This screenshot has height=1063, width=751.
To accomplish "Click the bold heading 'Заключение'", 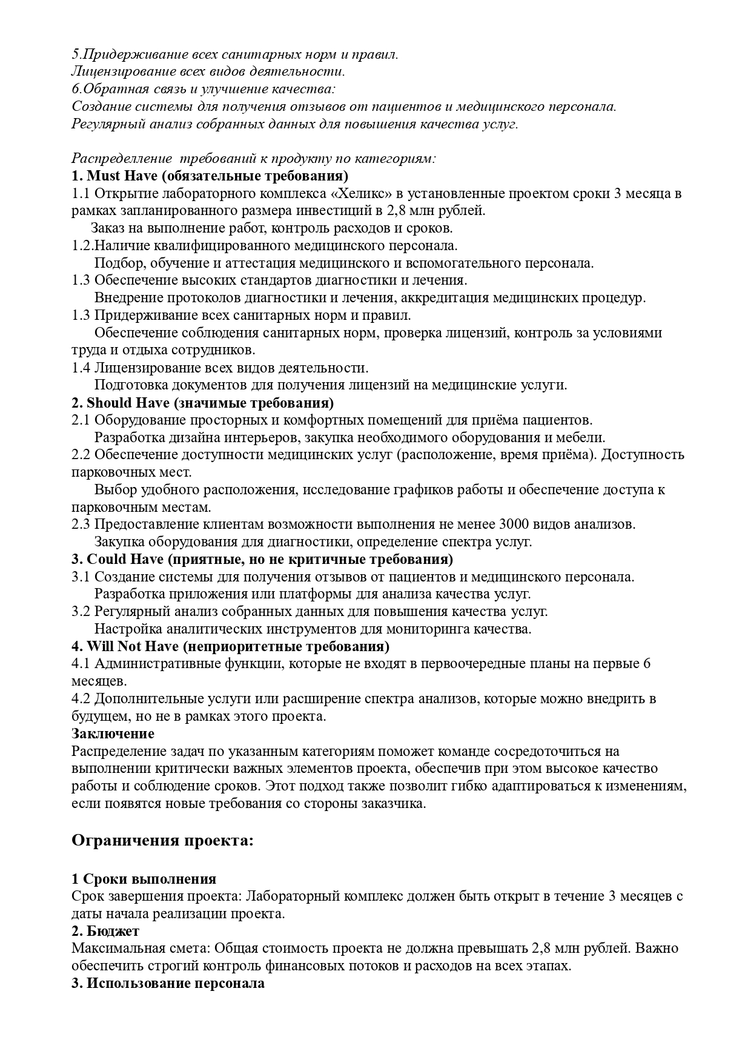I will (x=113, y=734).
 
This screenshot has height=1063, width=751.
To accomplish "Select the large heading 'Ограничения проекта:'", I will (x=162, y=840).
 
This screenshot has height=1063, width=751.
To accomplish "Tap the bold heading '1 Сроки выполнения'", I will (x=144, y=879).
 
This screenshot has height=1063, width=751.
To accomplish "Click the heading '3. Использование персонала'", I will (x=168, y=983).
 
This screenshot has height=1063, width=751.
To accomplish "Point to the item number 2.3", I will (x=81, y=524).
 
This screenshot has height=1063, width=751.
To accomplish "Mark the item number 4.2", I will (x=81, y=698).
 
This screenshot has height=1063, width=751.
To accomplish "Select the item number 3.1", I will (x=81, y=577).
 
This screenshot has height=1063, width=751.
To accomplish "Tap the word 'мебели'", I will (x=583, y=437).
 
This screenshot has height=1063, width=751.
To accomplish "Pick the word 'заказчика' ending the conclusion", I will (x=396, y=804).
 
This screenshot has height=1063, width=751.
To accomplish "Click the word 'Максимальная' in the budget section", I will (x=110, y=948).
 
